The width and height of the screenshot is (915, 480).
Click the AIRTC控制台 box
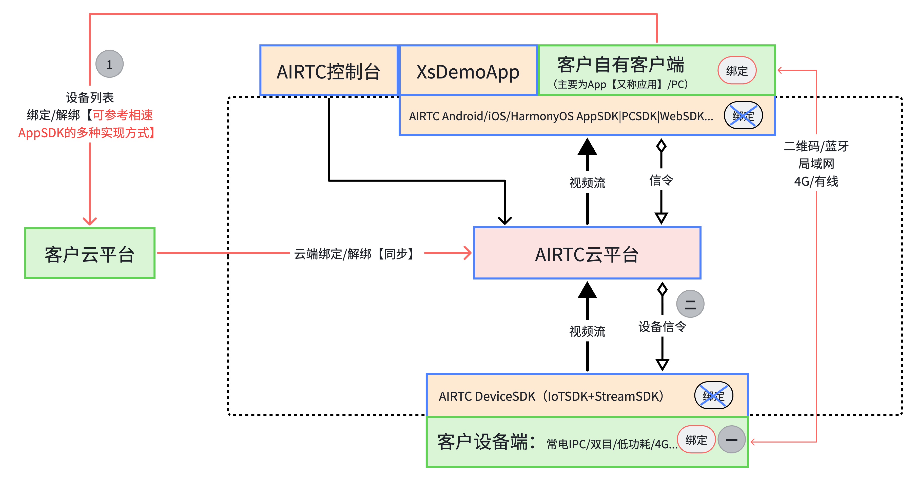(x=328, y=71)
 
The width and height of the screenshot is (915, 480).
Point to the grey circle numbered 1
(x=109, y=64)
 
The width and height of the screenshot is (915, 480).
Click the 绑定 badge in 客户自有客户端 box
(x=737, y=70)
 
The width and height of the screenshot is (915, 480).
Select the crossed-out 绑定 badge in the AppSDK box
(x=743, y=115)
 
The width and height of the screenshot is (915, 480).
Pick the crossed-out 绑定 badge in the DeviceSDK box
(x=714, y=395)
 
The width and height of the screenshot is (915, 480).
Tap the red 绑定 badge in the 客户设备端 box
(x=696, y=439)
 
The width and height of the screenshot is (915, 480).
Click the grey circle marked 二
(x=690, y=304)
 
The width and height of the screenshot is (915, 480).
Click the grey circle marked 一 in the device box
(x=731, y=439)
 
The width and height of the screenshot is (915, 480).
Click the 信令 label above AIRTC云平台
(x=661, y=180)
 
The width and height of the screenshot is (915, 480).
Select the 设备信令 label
(x=662, y=327)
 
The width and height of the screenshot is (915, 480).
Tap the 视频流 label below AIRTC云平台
(x=587, y=331)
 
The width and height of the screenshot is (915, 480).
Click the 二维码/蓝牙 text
(x=816, y=146)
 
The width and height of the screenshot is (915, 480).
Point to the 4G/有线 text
(x=816, y=182)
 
